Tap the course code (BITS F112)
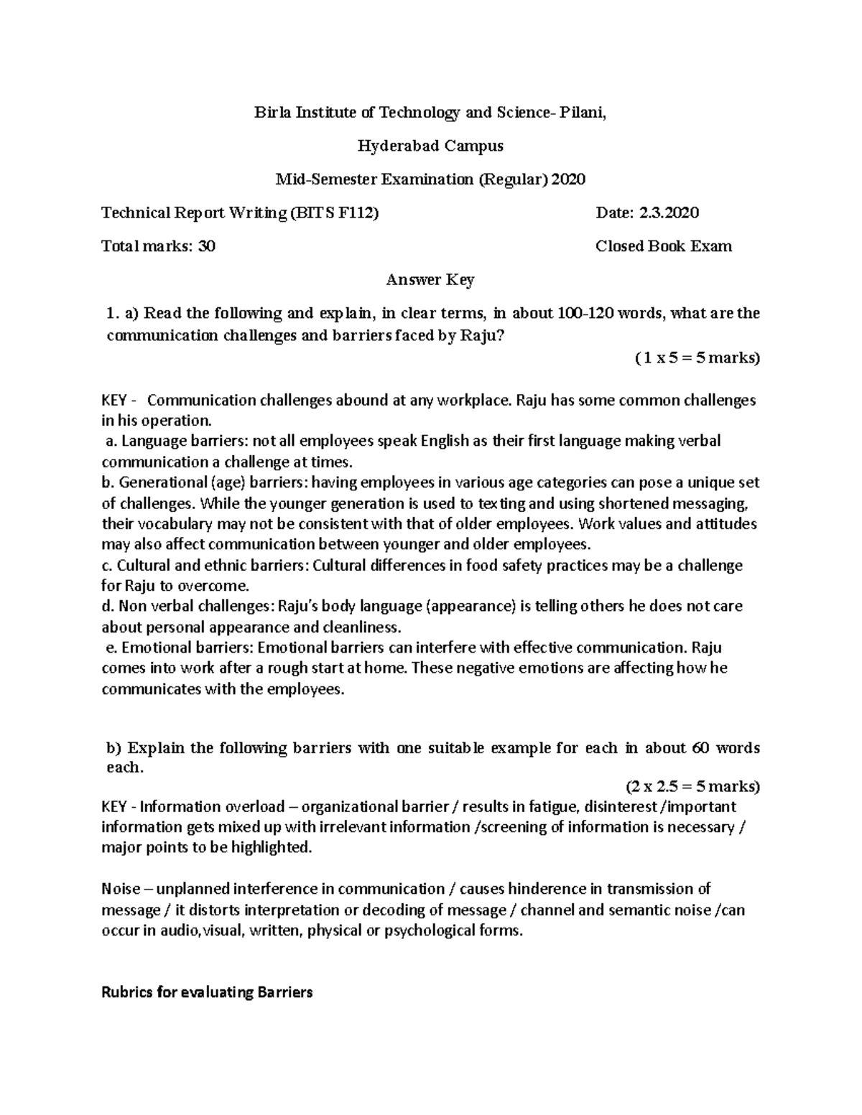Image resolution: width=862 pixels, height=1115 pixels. [x=333, y=213]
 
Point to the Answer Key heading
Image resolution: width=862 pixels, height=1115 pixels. [x=430, y=280]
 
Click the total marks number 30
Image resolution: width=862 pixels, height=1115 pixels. [x=207, y=247]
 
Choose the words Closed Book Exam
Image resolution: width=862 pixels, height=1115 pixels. [x=664, y=247]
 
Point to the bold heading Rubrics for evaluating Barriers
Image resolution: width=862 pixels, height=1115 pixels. [x=207, y=993]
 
